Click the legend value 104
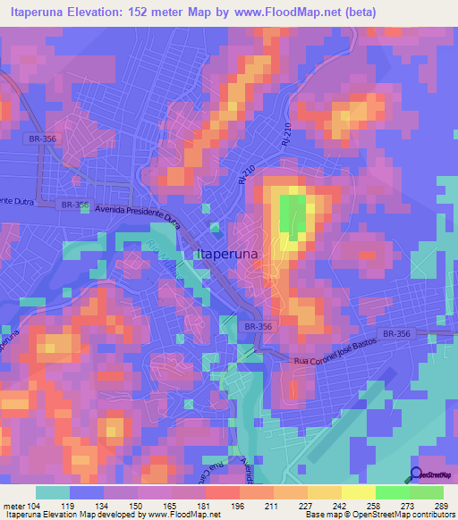[35, 506]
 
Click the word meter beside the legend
[13, 506]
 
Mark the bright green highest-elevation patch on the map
[290, 214]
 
